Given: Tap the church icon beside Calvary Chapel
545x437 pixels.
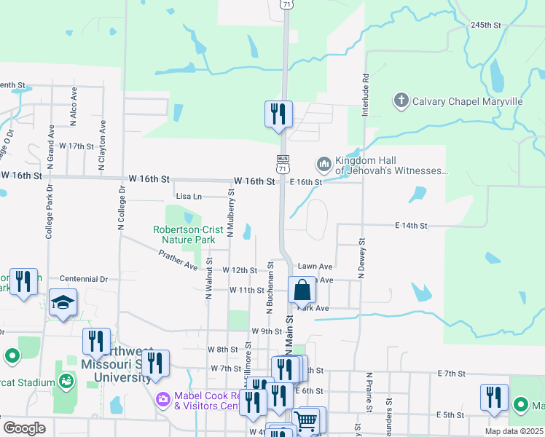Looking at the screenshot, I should click(x=400, y=100).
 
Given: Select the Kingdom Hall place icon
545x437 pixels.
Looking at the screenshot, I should click(x=324, y=165).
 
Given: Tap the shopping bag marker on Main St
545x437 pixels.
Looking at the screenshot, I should click(x=302, y=290).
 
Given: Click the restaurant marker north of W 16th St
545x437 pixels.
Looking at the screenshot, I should click(x=278, y=114).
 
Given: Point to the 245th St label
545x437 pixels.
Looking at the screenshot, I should click(x=486, y=25).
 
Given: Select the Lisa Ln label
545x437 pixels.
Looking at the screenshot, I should click(x=189, y=196).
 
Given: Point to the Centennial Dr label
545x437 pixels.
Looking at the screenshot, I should click(x=83, y=279).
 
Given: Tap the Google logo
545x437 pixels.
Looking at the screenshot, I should click(x=24, y=428).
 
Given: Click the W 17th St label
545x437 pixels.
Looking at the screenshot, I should click(x=77, y=146).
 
